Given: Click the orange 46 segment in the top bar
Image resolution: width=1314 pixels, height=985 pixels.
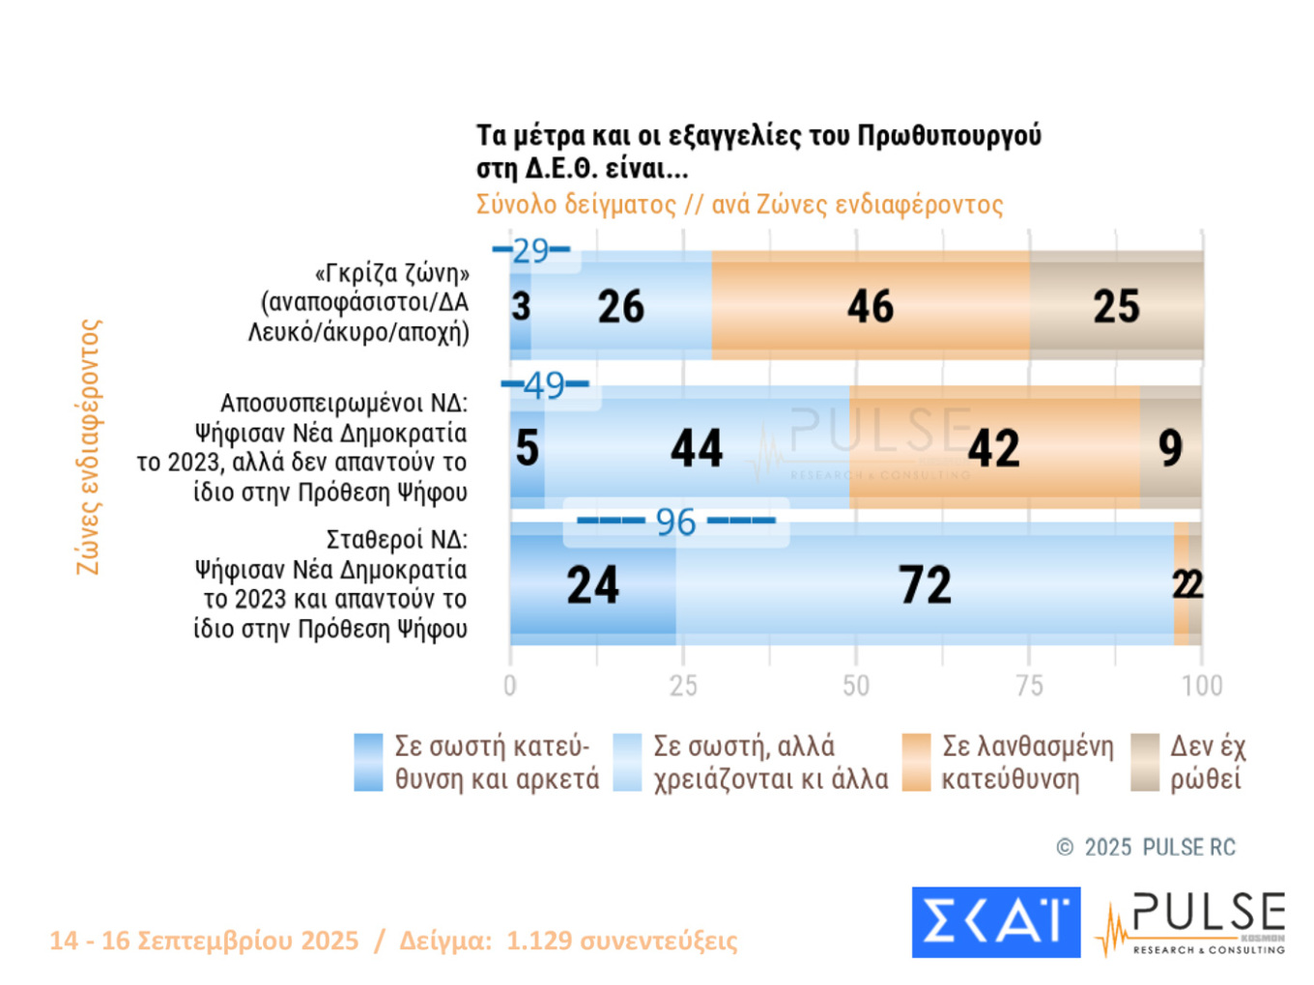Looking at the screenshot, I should [x=870, y=306].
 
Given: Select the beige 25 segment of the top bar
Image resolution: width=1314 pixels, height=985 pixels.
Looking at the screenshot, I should [x=1116, y=306].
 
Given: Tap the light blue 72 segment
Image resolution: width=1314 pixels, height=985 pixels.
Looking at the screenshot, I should [x=925, y=584].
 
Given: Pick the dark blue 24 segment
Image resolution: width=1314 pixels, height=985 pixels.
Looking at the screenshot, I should [x=592, y=584].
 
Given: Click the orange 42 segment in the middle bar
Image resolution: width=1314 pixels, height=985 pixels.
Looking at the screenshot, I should [x=994, y=447].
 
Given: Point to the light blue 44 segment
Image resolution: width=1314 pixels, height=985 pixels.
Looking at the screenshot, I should [x=697, y=447].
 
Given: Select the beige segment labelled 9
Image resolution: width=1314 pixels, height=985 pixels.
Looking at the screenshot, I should [x=1170, y=447].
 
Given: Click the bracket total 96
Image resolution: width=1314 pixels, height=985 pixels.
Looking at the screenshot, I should [x=675, y=521].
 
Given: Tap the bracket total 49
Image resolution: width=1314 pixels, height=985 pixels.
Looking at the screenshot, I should [x=545, y=385].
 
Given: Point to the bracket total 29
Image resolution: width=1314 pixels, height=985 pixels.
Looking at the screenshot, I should [x=530, y=251].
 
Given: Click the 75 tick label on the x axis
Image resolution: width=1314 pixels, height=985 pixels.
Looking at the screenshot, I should [x=1029, y=686].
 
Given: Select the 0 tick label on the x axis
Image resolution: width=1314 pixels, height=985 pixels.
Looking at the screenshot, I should [x=510, y=686].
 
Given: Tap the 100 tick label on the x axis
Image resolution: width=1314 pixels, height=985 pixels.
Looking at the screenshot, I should [x=1202, y=686].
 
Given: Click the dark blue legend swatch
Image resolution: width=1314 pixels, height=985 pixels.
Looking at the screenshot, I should [x=368, y=762].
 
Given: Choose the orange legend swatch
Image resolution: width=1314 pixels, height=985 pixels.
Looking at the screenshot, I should [x=915, y=762].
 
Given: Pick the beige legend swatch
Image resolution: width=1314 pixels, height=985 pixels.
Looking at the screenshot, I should [x=1145, y=762].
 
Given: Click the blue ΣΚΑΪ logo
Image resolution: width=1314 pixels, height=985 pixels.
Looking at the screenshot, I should [x=995, y=922].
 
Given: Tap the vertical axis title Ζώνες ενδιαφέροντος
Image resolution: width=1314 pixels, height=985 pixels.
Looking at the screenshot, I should [x=89, y=447].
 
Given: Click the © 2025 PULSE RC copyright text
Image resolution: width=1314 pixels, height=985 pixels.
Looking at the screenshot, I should [x=1146, y=847].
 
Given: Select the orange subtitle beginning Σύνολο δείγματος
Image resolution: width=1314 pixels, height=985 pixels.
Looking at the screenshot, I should [x=739, y=205].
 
